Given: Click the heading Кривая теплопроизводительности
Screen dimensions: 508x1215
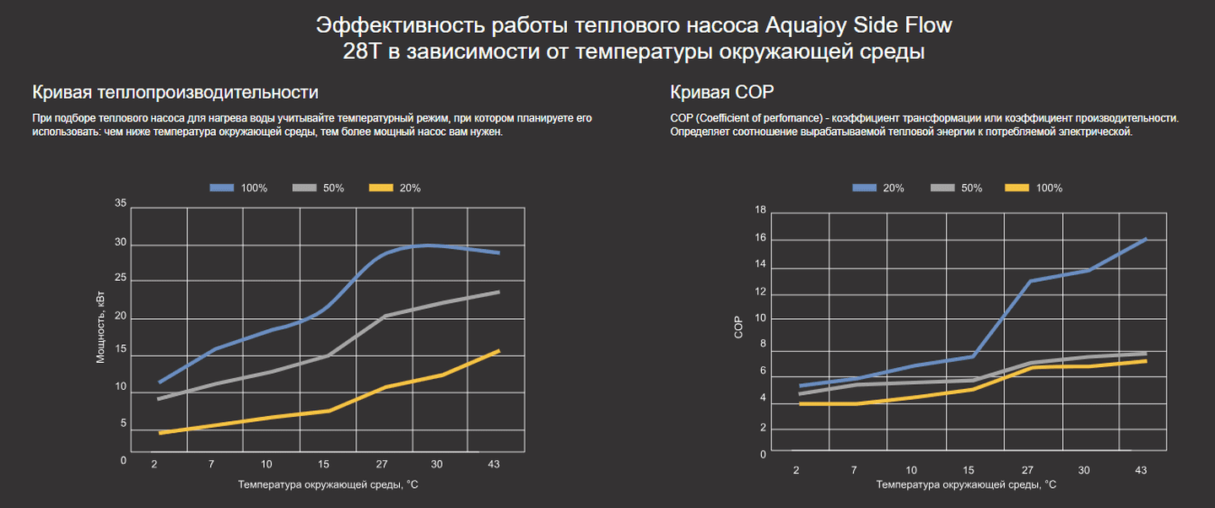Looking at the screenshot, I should (175, 92).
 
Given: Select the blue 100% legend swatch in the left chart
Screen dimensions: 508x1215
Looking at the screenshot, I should (221, 187).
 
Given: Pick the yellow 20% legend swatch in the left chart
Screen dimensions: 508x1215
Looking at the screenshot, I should (381, 187).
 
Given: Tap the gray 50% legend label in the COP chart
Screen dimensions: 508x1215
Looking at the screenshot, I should (971, 188).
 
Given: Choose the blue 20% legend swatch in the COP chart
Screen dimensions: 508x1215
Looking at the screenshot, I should (864, 188).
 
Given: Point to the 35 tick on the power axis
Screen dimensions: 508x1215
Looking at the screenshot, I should (120, 203).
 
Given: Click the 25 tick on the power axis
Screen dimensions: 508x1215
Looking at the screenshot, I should (120, 278).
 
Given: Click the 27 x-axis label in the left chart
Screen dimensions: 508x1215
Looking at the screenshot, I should (381, 464).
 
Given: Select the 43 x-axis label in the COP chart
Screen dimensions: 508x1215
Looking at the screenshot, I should (1141, 470).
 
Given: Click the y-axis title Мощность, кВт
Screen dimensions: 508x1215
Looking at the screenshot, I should (100, 327).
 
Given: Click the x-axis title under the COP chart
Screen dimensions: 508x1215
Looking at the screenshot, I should (966, 485).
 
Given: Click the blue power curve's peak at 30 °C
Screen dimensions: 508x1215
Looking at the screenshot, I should (429, 245).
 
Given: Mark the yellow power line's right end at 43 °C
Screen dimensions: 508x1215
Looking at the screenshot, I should (499, 350).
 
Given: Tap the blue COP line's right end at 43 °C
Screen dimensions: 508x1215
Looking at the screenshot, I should (1146, 239).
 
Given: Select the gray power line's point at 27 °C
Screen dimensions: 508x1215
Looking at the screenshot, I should (385, 316).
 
